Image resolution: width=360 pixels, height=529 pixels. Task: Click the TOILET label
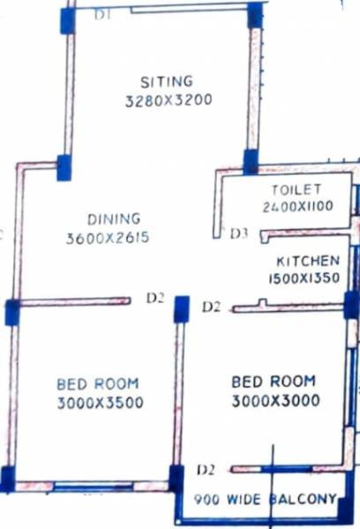coord(296,190)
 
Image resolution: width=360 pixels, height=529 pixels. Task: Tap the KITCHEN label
coord(308,262)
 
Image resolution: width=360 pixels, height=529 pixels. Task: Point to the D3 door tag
coord(239,235)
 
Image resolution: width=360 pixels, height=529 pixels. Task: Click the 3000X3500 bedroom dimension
coord(98,403)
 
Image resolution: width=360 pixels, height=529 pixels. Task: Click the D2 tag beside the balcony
coord(206,468)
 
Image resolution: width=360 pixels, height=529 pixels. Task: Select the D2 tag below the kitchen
coord(211,307)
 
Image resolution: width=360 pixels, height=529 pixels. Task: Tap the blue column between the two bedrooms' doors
coord(182,309)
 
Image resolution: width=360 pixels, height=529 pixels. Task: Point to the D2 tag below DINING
coord(155,299)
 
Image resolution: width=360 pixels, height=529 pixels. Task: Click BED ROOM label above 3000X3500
coord(97,384)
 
